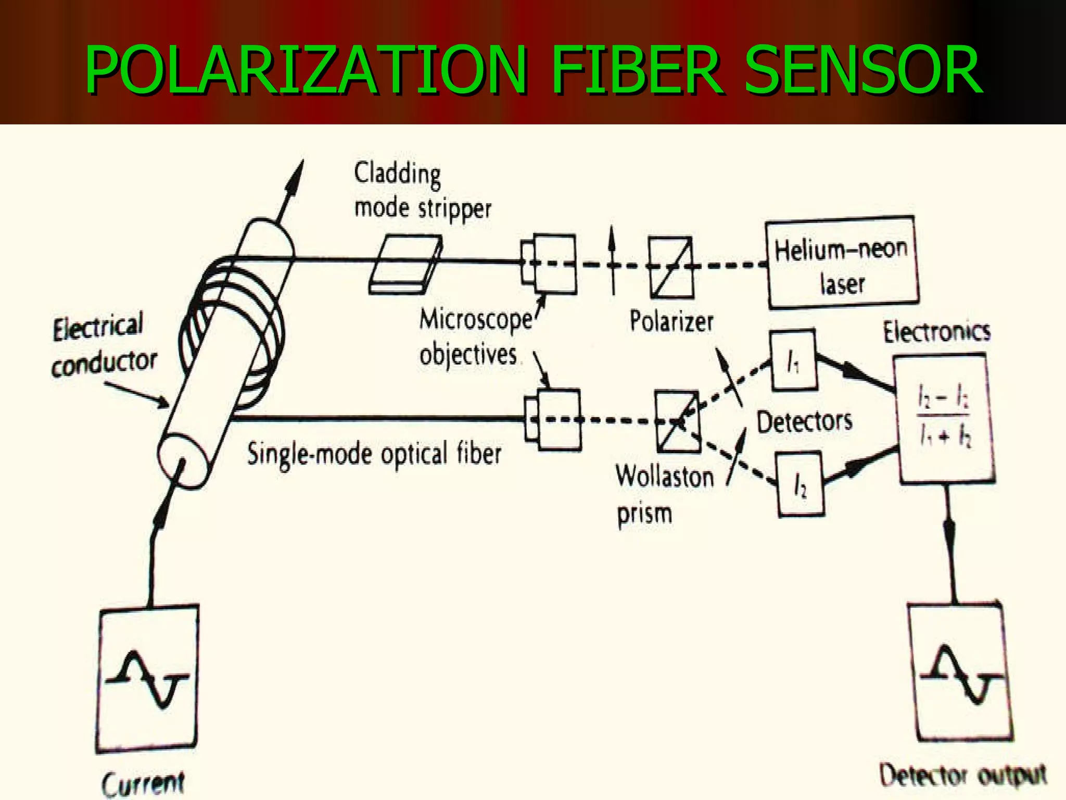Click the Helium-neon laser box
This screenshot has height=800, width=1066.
(842, 264)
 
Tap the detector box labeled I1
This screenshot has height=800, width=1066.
(793, 360)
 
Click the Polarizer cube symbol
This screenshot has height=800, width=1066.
(671, 267)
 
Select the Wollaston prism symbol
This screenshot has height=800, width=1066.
(678, 421)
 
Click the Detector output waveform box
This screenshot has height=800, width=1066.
(961, 672)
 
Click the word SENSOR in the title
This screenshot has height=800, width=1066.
(863, 70)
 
